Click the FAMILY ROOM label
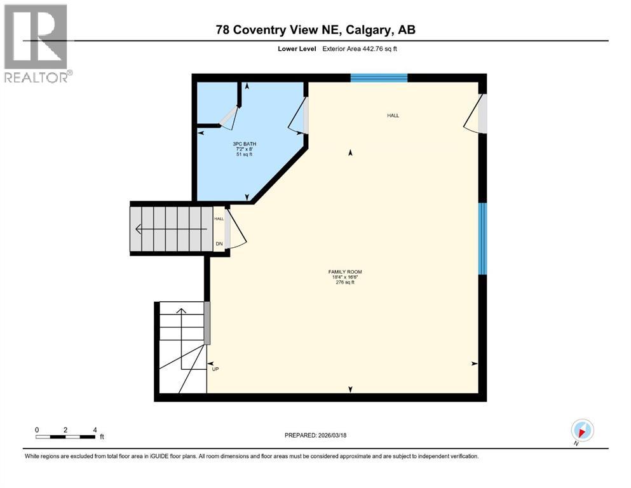(345, 272)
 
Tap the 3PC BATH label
(245, 144)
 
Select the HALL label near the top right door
(393, 116)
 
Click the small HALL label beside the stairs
(219, 219)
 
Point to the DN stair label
(219, 243)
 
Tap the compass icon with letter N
(582, 431)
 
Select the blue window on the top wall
(379, 78)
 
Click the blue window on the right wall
(482, 238)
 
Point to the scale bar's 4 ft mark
(95, 430)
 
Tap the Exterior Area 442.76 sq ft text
(360, 49)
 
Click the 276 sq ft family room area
(345, 283)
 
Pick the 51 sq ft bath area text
(245, 154)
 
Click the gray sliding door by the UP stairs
(207, 323)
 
